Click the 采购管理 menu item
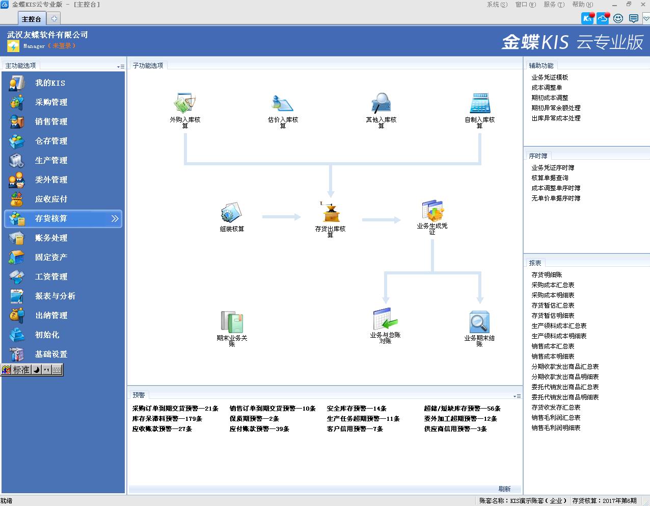51,102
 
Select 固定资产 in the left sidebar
51,257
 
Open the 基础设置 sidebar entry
51,354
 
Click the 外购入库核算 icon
185,103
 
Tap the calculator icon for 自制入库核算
480,103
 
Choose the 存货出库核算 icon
330,212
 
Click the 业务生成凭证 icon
432,210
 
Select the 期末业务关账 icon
232,322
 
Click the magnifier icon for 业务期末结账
479,322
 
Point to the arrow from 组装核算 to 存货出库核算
282,217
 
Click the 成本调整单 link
547,88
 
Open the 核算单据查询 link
550,178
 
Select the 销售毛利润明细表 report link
556,428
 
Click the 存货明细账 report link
547,275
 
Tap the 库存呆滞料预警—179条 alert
167,419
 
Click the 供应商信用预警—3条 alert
455,429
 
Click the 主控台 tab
31,19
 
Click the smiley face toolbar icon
618,18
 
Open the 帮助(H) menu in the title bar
582,5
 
